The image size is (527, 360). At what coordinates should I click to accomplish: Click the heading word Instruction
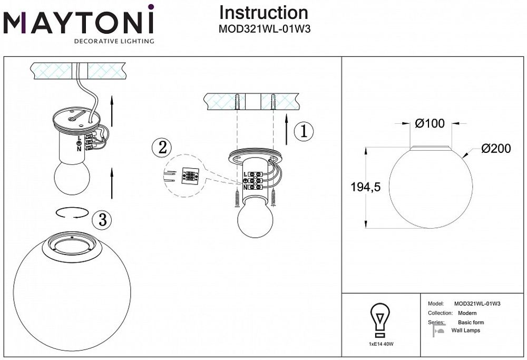click(263, 13)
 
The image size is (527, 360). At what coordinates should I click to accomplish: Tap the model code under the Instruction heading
click(264, 30)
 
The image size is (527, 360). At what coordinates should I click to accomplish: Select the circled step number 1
click(303, 131)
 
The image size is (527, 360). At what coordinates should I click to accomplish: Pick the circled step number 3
click(102, 220)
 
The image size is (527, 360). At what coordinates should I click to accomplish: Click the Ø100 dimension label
click(430, 124)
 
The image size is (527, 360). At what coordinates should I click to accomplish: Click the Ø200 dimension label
click(496, 149)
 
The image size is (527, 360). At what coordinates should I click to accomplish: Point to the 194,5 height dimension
click(366, 187)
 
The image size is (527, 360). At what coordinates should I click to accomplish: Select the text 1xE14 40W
click(380, 344)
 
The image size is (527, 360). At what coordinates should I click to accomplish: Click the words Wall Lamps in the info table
click(465, 330)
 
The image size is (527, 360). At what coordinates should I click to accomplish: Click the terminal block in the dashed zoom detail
click(189, 176)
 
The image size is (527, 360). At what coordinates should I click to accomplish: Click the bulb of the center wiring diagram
click(255, 219)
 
